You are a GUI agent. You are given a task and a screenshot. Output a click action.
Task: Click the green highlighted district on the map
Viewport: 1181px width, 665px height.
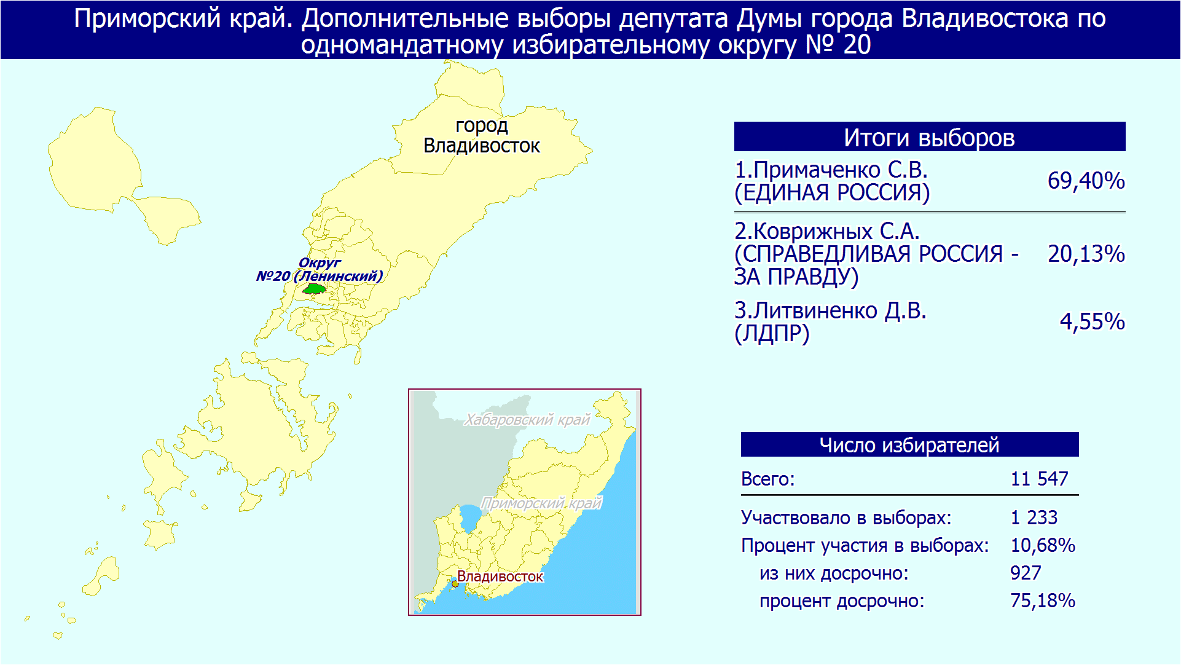tap(315, 288)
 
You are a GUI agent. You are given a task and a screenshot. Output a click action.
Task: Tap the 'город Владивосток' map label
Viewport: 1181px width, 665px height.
tap(482, 135)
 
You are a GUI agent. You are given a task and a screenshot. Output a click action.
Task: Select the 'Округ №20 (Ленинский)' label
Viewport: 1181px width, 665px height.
tap(320, 269)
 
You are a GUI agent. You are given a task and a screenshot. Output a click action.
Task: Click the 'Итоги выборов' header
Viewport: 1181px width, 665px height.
tap(929, 137)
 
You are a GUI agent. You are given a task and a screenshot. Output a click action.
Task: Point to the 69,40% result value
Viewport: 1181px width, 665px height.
tap(1086, 181)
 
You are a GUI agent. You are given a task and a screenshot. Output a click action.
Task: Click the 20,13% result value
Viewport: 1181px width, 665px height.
tap(1086, 254)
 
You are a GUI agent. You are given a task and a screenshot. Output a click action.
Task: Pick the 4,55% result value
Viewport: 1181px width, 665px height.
tap(1093, 321)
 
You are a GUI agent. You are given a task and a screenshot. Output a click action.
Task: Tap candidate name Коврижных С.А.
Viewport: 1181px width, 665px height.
tap(827, 231)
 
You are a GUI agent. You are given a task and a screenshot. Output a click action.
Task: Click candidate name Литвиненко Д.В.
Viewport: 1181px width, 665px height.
tap(830, 310)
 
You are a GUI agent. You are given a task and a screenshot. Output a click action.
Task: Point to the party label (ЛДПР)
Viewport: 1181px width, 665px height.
tap(772, 334)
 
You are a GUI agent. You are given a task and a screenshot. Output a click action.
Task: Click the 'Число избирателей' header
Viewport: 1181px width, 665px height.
tap(909, 444)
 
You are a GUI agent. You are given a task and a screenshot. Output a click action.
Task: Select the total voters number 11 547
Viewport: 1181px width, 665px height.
tap(1040, 479)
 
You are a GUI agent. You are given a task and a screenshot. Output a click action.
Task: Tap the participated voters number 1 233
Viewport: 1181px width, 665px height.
tap(1034, 517)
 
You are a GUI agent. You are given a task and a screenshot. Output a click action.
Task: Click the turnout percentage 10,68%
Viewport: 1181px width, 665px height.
tap(1043, 545)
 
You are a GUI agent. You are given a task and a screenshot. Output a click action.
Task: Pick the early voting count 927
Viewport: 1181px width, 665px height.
tap(1026, 573)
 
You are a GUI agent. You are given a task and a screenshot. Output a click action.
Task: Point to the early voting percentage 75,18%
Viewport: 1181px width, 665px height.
tap(1043, 600)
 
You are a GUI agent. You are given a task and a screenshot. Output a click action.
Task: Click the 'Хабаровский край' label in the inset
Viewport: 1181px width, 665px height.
tap(527, 420)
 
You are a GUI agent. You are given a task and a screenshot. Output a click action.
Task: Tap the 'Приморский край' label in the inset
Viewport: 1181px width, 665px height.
tap(541, 503)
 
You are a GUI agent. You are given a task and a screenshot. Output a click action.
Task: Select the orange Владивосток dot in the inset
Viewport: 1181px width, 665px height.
tap(455, 584)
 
